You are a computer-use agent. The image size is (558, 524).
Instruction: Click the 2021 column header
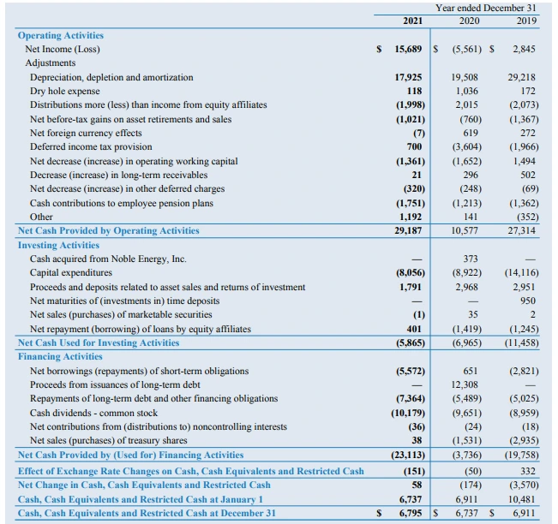click(412, 20)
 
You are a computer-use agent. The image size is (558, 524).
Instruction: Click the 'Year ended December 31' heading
click(486, 8)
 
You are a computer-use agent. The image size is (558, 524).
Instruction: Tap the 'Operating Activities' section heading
click(61, 35)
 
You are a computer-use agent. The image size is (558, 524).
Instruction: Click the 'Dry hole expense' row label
click(65, 91)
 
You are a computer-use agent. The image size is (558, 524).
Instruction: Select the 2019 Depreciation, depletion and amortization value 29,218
click(521, 77)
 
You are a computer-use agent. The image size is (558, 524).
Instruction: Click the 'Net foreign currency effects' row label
click(86, 133)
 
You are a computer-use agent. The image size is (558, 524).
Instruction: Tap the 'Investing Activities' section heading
click(59, 245)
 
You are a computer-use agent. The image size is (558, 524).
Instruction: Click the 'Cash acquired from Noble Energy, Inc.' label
click(108, 259)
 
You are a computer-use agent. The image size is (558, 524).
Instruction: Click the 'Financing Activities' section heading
click(60, 356)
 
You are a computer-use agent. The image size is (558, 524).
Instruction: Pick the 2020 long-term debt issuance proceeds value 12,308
click(464, 384)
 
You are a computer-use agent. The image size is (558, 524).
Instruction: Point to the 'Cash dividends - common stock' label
click(94, 413)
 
